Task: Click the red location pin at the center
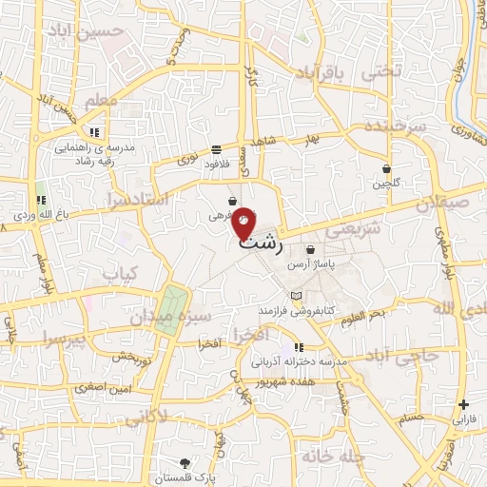[244, 222]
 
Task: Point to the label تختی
[385, 69]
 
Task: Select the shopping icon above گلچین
[387, 167]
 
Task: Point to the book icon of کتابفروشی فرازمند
[296, 296]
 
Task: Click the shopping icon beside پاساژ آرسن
[311, 250]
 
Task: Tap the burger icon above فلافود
[217, 149]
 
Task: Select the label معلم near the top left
[101, 100]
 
